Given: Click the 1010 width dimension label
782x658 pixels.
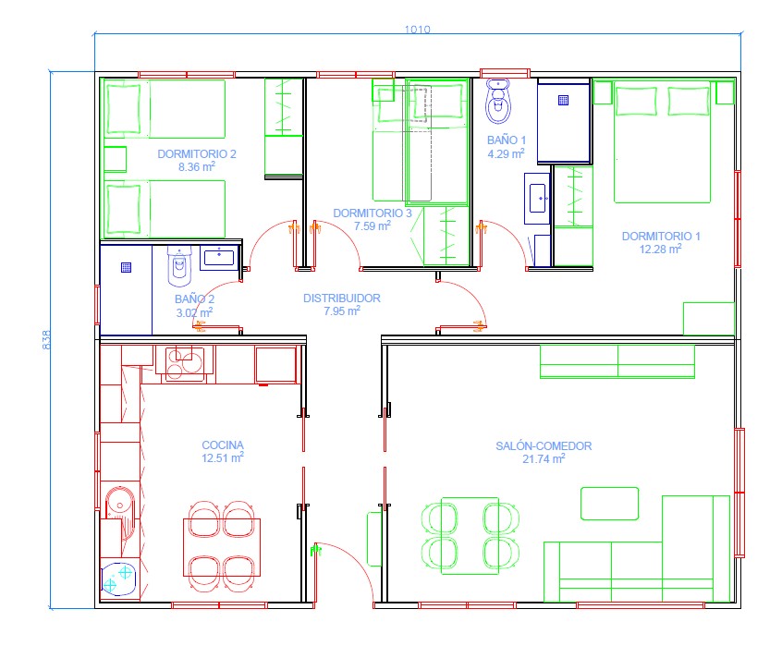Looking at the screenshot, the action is click(x=417, y=30).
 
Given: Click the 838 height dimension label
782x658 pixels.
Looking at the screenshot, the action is click(x=46, y=339).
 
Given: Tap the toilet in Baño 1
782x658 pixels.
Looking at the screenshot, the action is click(x=498, y=101).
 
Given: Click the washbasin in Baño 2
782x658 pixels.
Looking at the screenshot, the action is click(x=219, y=258).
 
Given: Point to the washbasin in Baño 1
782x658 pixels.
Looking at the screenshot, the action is click(x=537, y=199).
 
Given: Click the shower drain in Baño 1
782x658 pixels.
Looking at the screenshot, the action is click(x=563, y=100).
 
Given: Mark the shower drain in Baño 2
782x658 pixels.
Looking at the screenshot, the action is click(x=127, y=268).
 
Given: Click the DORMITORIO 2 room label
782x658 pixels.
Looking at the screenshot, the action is click(x=197, y=154).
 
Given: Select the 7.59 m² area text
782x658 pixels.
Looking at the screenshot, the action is click(x=372, y=225).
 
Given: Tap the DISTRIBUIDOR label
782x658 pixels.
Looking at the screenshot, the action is click(x=342, y=299).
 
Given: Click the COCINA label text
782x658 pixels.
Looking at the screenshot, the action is click(x=223, y=445).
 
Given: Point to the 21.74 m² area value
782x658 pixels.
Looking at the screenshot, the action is click(x=544, y=458).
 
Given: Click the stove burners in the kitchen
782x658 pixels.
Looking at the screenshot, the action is click(x=185, y=363).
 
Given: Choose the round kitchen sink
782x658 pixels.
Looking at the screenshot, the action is click(x=119, y=505).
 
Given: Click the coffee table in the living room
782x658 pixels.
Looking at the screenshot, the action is click(x=609, y=504).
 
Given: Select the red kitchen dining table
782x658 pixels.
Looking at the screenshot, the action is click(x=222, y=547).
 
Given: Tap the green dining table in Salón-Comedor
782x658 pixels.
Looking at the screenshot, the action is click(x=470, y=536).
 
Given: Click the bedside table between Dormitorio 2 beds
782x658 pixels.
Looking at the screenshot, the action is click(x=116, y=159).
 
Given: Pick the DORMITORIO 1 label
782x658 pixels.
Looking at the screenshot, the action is click(x=661, y=237).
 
